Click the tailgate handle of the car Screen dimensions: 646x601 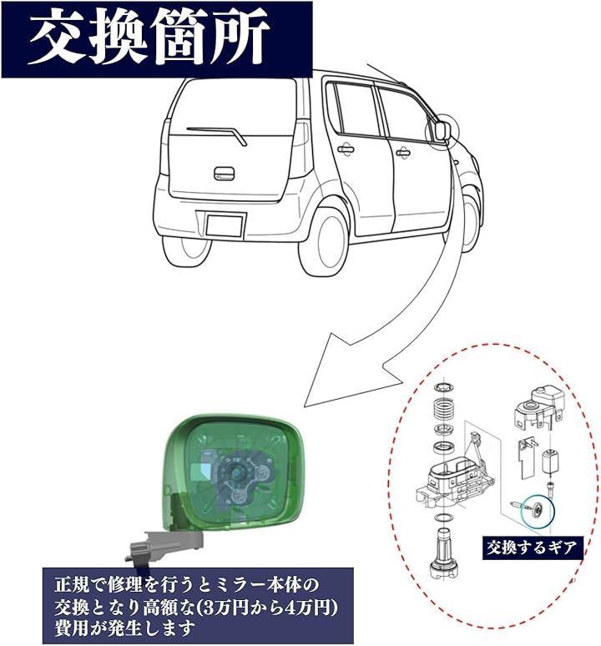coord(224,174)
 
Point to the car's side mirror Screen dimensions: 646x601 coord(442,130)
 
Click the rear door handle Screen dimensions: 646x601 coord(346,149)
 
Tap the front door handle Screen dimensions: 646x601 coord(402,153)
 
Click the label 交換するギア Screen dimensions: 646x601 coord(531,549)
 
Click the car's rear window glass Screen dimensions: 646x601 coord(235,107)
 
